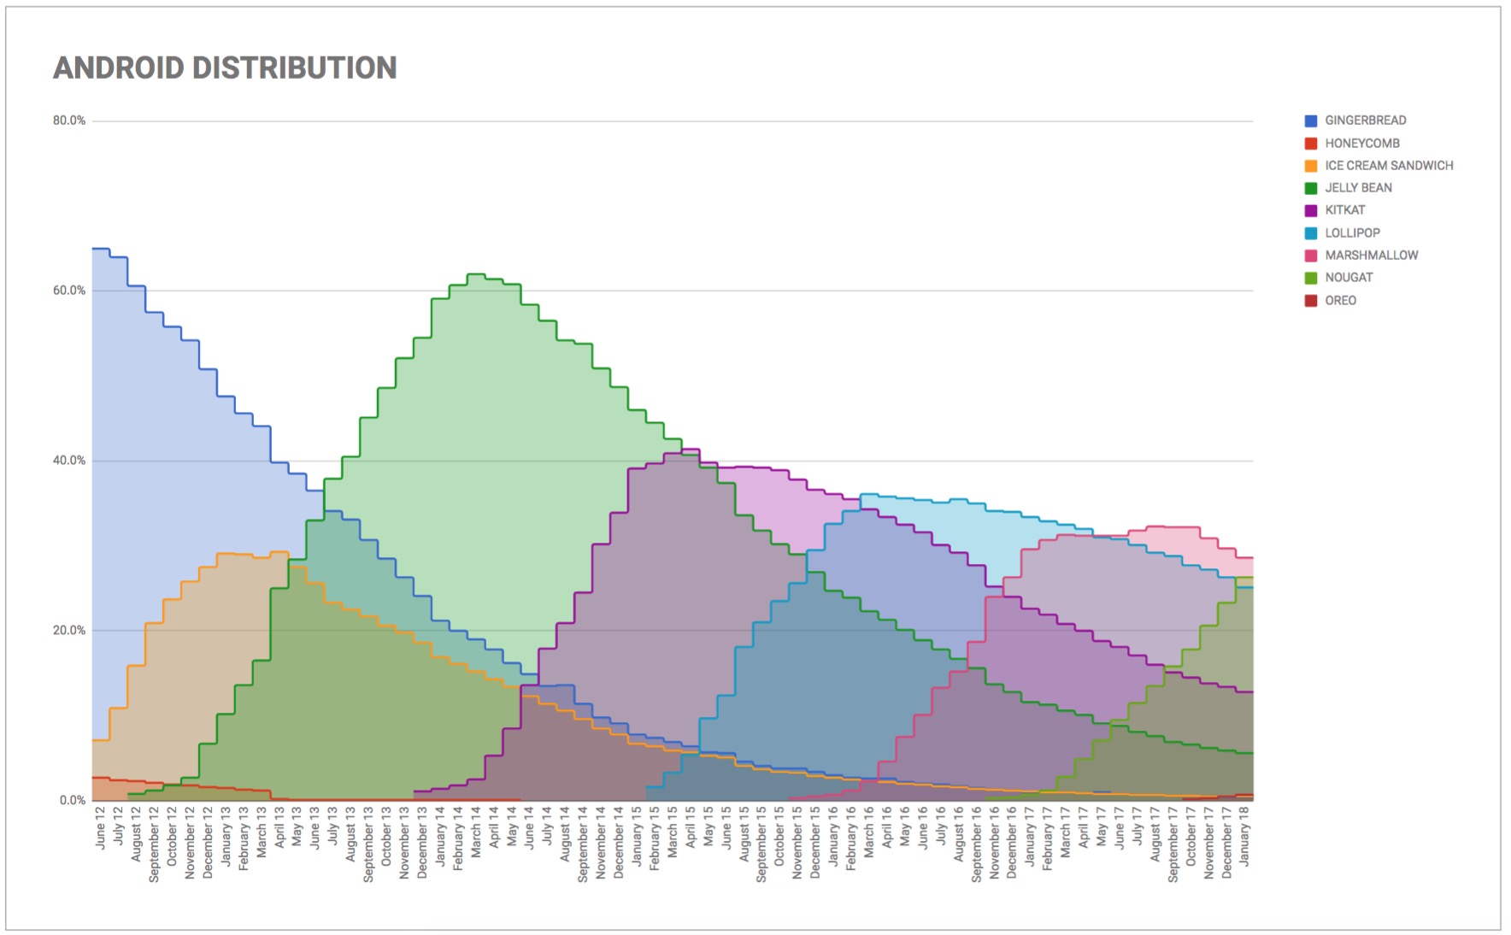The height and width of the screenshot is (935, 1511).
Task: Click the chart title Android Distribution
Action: point(225,68)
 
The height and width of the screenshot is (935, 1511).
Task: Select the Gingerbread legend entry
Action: point(1365,121)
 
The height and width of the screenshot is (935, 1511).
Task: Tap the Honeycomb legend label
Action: point(1361,144)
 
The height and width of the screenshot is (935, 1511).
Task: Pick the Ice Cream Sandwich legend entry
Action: point(1388,166)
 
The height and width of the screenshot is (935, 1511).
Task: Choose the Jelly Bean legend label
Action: point(1358,188)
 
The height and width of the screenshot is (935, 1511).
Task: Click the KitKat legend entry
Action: point(1344,210)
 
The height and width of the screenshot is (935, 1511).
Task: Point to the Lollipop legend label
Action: point(1352,232)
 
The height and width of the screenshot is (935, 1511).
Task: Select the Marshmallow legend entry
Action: point(1371,256)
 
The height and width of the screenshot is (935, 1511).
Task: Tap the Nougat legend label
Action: point(1349,278)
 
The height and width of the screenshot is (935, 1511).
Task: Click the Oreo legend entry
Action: point(1340,301)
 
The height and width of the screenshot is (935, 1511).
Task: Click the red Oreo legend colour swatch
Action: point(1311,301)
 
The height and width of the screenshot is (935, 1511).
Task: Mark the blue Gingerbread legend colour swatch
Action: point(1311,121)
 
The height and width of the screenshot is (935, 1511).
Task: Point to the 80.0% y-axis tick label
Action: point(69,121)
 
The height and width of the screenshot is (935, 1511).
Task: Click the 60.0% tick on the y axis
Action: point(69,291)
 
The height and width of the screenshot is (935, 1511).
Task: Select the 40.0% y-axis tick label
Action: point(69,461)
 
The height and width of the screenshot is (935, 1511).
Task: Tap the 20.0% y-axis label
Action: point(69,631)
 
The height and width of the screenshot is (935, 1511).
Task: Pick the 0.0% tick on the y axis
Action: point(73,801)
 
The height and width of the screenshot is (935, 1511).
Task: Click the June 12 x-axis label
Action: point(101,827)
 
